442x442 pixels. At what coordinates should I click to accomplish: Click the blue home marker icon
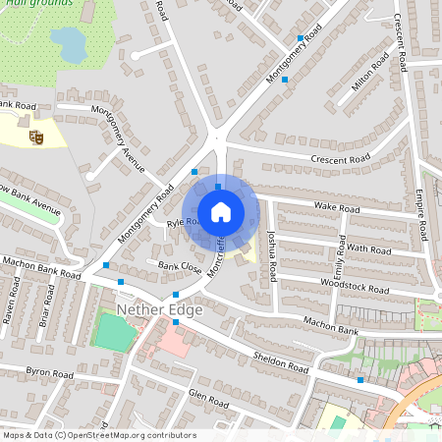(x=221, y=212)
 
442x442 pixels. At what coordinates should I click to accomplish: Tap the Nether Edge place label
(x=159, y=310)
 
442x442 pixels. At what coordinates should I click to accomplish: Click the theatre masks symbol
(x=36, y=138)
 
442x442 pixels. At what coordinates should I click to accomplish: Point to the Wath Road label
(x=370, y=249)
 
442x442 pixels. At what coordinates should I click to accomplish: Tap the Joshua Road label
(x=273, y=258)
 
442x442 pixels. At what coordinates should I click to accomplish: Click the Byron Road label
(x=49, y=373)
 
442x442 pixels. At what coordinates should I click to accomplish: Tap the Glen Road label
(x=208, y=399)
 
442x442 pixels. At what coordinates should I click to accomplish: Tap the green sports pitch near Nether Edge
(x=114, y=333)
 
